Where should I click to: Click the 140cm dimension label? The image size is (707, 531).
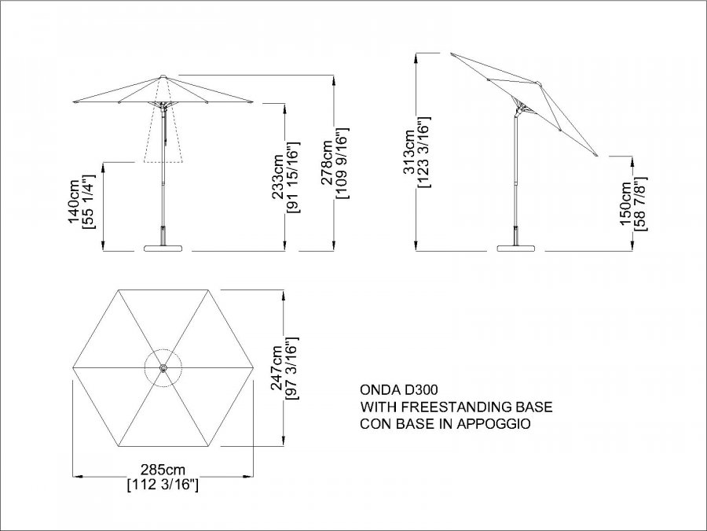[74, 201]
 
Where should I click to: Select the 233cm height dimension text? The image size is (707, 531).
[277, 176]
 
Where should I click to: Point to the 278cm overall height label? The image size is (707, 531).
[327, 163]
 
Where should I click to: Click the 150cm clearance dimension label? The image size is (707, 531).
[626, 204]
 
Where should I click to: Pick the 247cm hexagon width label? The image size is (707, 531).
[277, 367]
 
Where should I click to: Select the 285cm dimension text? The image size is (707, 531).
[163, 470]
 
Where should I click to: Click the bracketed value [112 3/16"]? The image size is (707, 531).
[163, 485]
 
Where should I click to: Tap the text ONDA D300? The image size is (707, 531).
[398, 389]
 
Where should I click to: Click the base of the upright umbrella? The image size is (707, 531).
[163, 248]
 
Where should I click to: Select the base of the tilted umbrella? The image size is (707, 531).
[516, 248]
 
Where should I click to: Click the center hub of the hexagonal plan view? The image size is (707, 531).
[163, 368]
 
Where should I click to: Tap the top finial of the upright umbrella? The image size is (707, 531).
[163, 76]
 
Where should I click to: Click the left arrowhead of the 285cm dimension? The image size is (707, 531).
[77, 475]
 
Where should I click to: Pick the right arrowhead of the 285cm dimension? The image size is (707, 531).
[248, 475]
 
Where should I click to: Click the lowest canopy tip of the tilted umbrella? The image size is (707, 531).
[597, 156]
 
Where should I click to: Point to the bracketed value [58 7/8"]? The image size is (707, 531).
[641, 204]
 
